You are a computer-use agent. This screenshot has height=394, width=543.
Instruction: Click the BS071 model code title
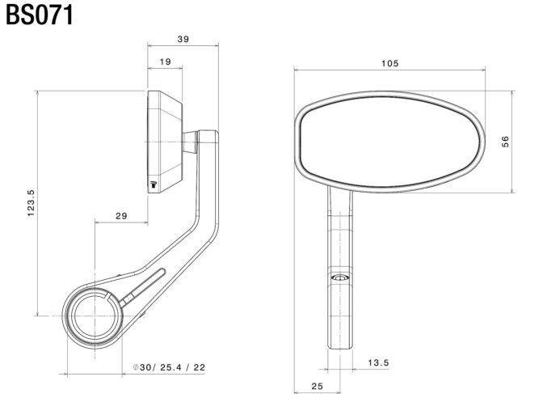tap(40, 15)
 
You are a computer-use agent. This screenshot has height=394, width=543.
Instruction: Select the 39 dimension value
tap(183, 39)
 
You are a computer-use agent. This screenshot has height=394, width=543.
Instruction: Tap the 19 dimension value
tap(165, 61)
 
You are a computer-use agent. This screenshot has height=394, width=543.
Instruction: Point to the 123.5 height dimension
tap(31, 203)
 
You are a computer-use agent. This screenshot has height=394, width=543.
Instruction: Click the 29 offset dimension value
tap(121, 216)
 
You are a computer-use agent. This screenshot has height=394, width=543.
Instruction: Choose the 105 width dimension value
tap(390, 63)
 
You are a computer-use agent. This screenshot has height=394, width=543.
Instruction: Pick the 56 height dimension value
tap(505, 142)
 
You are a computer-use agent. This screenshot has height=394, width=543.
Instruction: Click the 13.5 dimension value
tap(378, 362)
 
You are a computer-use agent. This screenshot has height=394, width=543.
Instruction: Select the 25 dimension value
tap(317, 386)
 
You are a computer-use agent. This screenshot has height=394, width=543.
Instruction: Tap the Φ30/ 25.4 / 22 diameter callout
tap(170, 367)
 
